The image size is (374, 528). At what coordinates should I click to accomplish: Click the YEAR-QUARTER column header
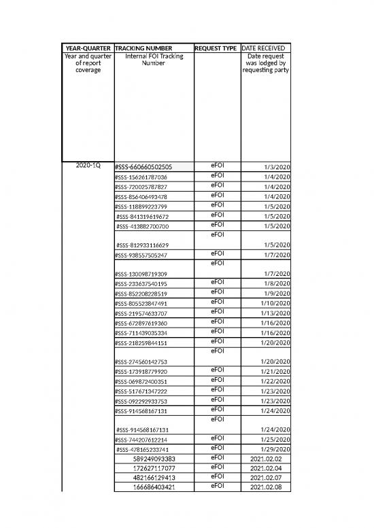(x=88, y=48)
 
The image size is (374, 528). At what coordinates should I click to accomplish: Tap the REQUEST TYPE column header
(x=216, y=48)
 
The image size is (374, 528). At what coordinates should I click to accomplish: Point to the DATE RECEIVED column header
(x=266, y=48)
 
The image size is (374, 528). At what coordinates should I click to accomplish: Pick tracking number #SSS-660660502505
(x=143, y=167)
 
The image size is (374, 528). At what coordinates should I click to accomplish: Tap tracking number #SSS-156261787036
(x=141, y=177)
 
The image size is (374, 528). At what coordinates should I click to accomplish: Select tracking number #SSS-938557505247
(x=141, y=256)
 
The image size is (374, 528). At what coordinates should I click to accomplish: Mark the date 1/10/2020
(x=275, y=303)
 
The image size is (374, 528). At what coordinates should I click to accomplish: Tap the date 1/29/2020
(x=275, y=450)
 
